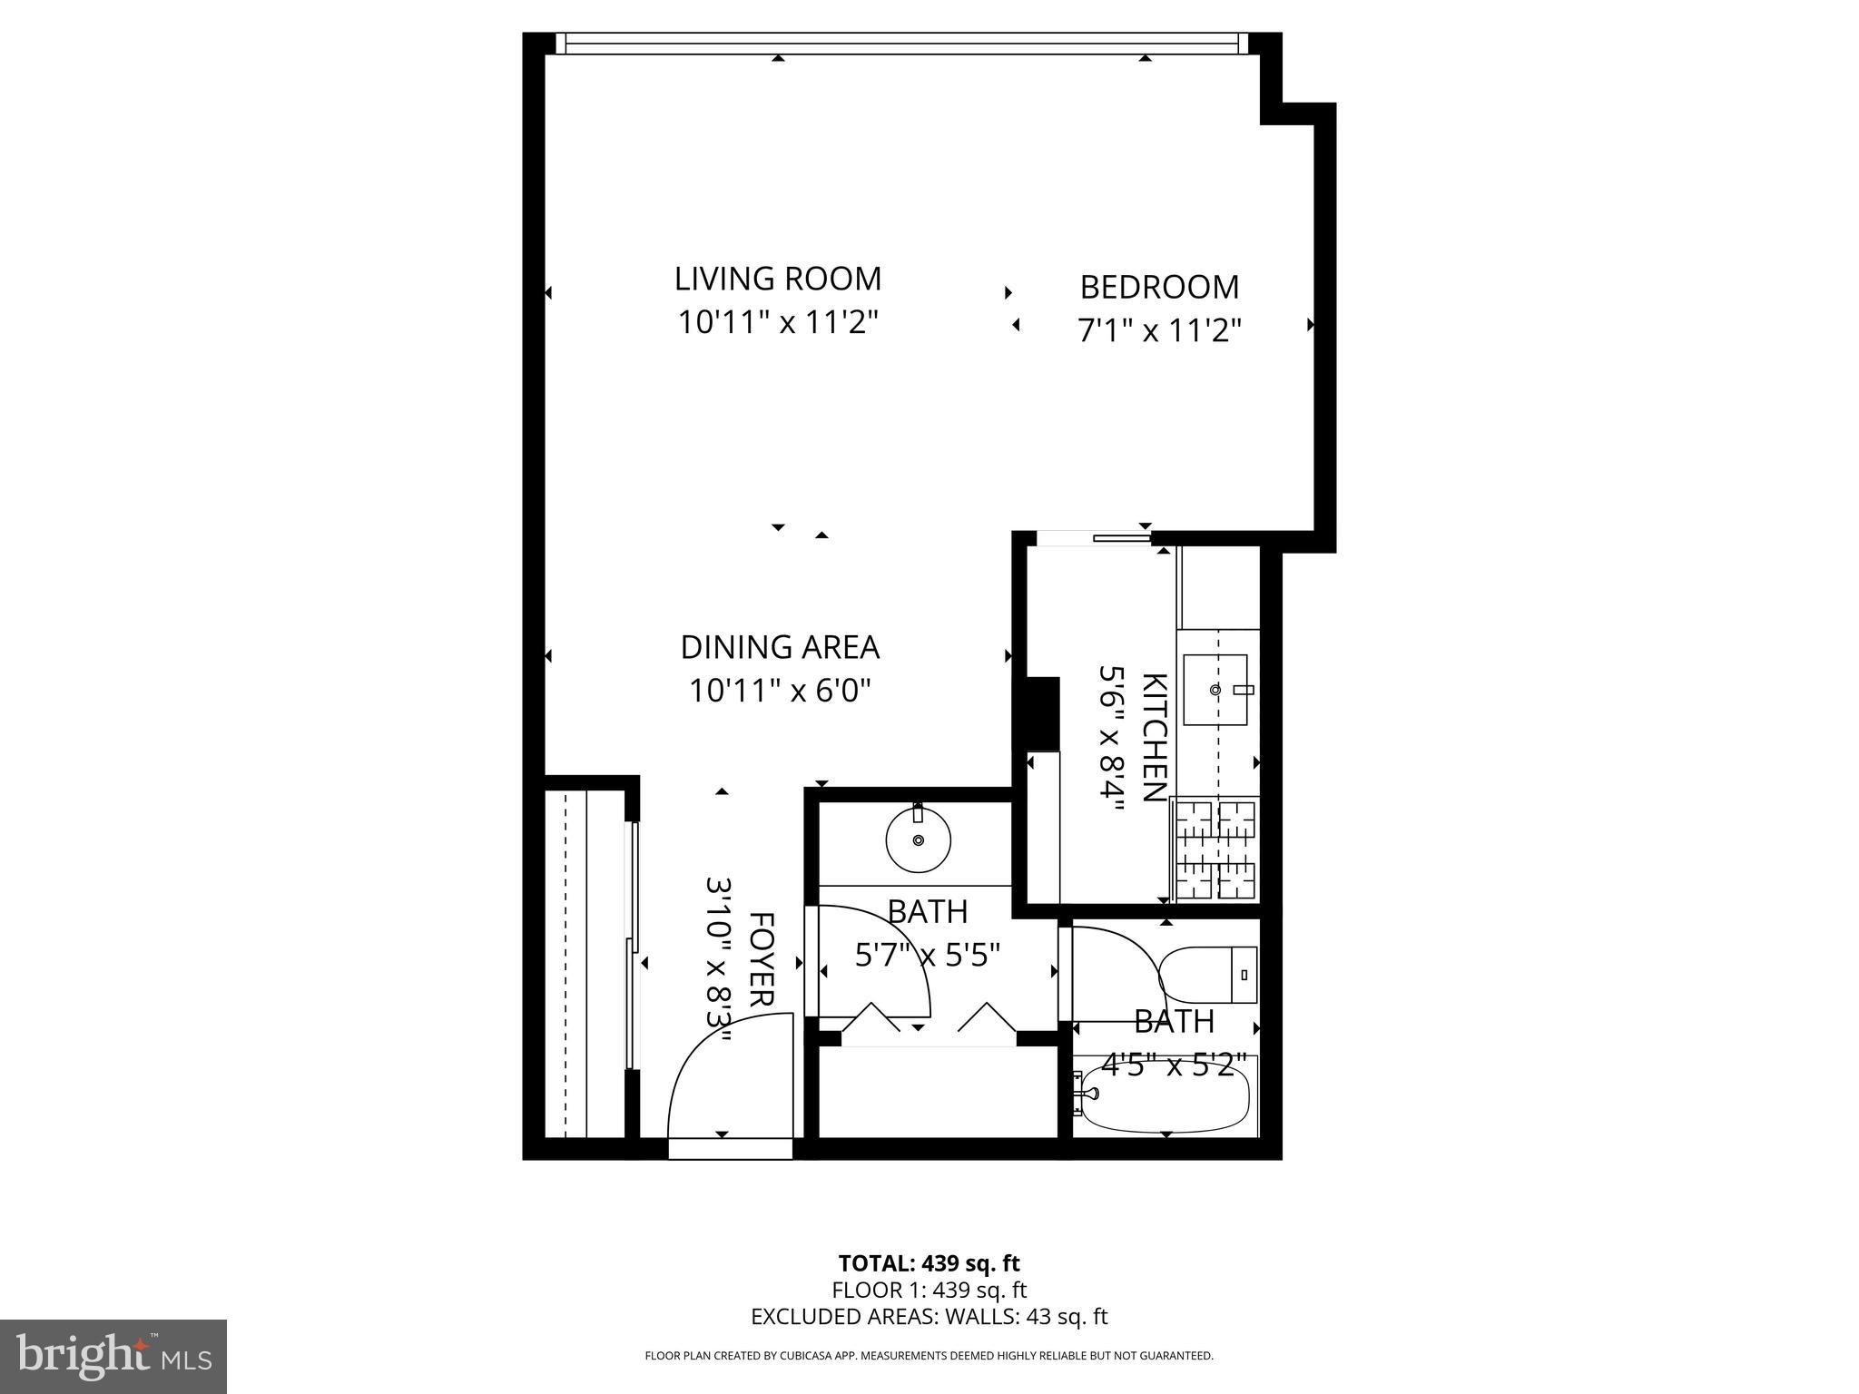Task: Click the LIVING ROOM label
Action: click(778, 279)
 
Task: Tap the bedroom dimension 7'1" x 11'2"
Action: click(1158, 330)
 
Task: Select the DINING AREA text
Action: click(780, 647)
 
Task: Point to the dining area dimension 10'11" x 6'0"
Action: click(780, 691)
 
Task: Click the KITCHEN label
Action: click(1153, 737)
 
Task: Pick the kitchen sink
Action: click(1215, 690)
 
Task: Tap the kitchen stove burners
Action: click(1215, 849)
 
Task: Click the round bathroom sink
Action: click(918, 839)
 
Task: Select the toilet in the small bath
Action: click(1208, 975)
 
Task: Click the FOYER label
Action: click(761, 959)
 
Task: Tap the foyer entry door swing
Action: click(726, 1085)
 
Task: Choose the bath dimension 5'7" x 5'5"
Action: click(927, 955)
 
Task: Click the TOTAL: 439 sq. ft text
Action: click(929, 1262)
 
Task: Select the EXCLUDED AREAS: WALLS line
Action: click(929, 1316)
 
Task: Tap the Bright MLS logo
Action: click(113, 1357)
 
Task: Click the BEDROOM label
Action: click(1158, 287)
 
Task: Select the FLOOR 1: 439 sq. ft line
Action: click(929, 1290)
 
